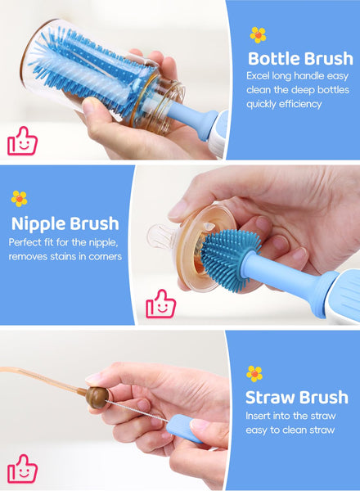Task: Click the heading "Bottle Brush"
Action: click(x=300, y=59)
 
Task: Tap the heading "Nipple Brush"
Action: click(x=65, y=223)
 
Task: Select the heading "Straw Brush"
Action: click(x=297, y=398)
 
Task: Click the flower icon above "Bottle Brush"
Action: click(x=258, y=34)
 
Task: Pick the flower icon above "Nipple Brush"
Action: click(x=19, y=199)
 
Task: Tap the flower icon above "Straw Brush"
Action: click(x=254, y=374)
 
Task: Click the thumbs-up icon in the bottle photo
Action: click(x=23, y=141)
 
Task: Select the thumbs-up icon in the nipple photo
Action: click(x=161, y=304)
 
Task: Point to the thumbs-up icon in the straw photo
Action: click(x=23, y=468)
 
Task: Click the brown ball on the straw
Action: click(x=97, y=398)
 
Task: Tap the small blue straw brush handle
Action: click(x=185, y=428)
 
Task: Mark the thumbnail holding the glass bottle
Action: click(x=88, y=104)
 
